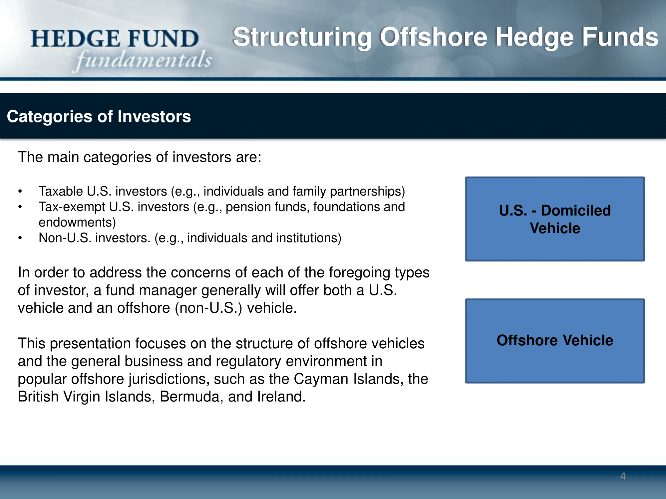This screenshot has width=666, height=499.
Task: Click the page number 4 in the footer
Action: click(623, 476)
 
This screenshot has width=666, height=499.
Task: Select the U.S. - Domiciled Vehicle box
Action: click(555, 219)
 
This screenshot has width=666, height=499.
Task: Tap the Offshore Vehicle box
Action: click(555, 341)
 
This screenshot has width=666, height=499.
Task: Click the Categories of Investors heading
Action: click(99, 116)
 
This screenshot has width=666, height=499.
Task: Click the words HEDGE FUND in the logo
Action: click(115, 39)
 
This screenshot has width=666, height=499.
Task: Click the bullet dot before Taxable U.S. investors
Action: click(20, 192)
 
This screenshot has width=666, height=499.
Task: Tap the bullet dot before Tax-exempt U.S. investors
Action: click(20, 207)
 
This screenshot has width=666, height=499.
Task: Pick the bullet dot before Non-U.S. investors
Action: click(20, 238)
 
